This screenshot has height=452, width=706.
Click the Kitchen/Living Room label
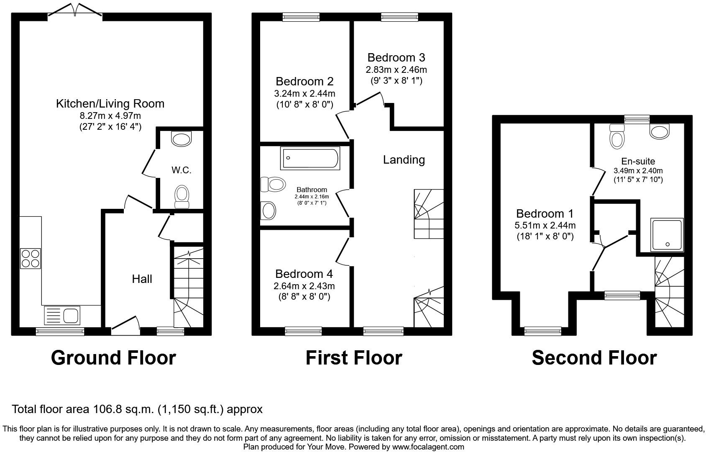(x=110, y=103)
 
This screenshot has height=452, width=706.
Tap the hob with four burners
(x=31, y=258)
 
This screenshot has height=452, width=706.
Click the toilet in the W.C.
(x=182, y=197)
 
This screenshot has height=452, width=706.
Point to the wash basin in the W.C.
(x=181, y=139)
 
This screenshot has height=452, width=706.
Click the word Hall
(x=142, y=279)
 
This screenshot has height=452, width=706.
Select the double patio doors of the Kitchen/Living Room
(x=75, y=12)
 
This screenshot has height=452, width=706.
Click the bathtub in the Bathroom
(x=310, y=159)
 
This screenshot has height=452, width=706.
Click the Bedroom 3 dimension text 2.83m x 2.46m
(x=396, y=69)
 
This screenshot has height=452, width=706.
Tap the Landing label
(x=404, y=159)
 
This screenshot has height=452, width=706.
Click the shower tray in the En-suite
(x=667, y=235)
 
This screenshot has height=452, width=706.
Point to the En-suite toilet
(x=617, y=136)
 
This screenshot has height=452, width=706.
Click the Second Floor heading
(x=594, y=358)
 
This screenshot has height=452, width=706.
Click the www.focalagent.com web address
(x=428, y=447)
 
